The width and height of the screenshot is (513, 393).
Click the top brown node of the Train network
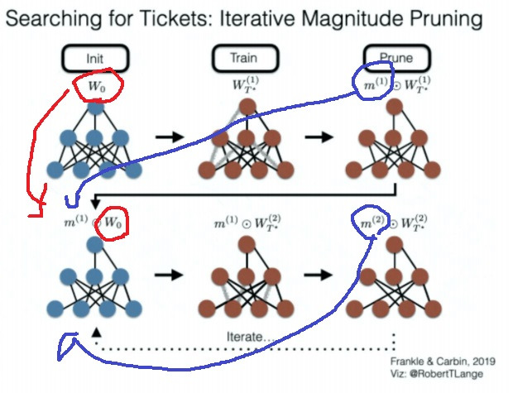click(x=247, y=108)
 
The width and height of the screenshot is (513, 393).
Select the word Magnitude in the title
click(x=351, y=18)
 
